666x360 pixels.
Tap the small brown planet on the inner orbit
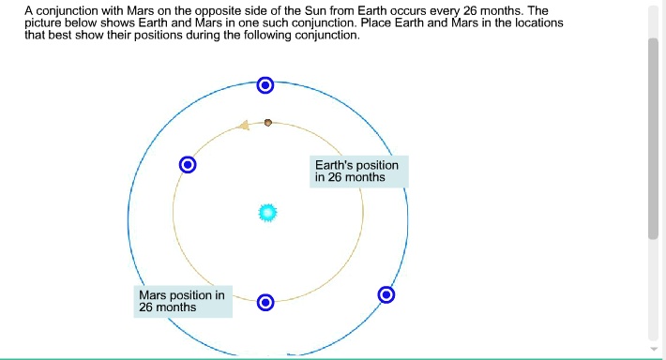tap(268, 122)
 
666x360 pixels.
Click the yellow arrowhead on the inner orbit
tap(244, 125)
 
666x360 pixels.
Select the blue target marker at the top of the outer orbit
tap(265, 86)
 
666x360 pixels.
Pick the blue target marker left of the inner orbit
tap(188, 165)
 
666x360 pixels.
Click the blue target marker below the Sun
tap(265, 302)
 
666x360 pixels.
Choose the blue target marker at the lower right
tap(386, 295)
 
